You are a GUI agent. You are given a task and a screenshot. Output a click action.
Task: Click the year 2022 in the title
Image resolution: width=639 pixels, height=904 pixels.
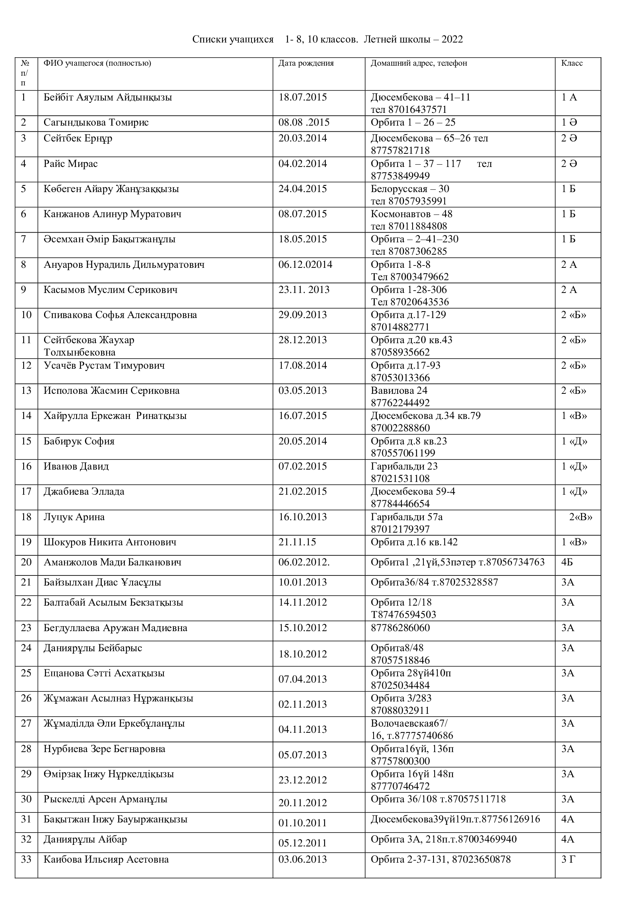click(452, 39)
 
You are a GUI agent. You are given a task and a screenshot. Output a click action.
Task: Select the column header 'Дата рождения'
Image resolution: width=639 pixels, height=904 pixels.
click(306, 63)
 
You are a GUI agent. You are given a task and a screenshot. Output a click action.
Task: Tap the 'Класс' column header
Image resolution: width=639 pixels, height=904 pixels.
click(572, 63)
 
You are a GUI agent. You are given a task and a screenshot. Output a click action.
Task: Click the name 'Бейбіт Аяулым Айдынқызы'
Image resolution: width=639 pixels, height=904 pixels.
click(108, 97)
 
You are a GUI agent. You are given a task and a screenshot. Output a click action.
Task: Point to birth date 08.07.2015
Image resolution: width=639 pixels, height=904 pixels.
click(303, 214)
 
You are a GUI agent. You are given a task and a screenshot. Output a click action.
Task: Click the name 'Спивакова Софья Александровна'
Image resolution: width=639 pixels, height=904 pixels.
click(121, 315)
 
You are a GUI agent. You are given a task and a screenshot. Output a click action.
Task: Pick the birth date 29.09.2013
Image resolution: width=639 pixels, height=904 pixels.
click(303, 315)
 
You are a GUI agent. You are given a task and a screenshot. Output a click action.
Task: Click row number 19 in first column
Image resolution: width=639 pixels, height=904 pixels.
click(26, 542)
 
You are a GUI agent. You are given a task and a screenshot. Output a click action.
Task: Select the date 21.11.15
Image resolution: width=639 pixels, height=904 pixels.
click(297, 542)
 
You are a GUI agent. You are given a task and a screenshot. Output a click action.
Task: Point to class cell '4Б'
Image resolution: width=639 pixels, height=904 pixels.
click(567, 562)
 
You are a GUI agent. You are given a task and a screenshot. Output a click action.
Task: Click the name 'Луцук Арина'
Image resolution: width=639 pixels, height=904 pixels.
click(74, 517)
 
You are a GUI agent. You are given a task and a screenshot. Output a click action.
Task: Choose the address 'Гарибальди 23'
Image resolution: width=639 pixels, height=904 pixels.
click(404, 466)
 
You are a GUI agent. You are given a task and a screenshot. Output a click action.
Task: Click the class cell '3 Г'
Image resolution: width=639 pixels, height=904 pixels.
click(568, 859)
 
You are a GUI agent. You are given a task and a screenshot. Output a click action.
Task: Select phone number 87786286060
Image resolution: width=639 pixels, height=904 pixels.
click(400, 628)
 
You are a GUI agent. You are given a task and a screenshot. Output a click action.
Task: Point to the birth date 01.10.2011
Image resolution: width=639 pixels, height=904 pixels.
click(303, 823)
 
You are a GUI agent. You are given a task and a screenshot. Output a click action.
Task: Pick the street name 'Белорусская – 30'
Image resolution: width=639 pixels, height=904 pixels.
click(410, 189)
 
